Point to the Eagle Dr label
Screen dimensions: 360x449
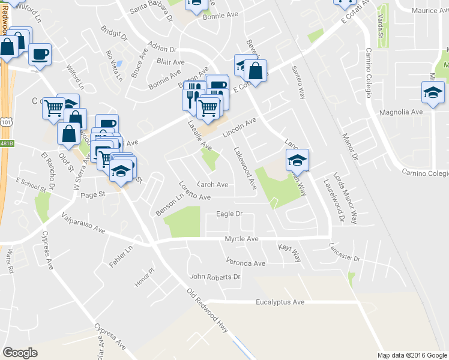click(229, 214)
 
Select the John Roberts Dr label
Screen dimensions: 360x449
click(215, 277)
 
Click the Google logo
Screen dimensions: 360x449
click(20, 353)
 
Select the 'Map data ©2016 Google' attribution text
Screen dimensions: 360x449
click(411, 355)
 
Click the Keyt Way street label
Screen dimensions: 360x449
click(290, 252)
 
